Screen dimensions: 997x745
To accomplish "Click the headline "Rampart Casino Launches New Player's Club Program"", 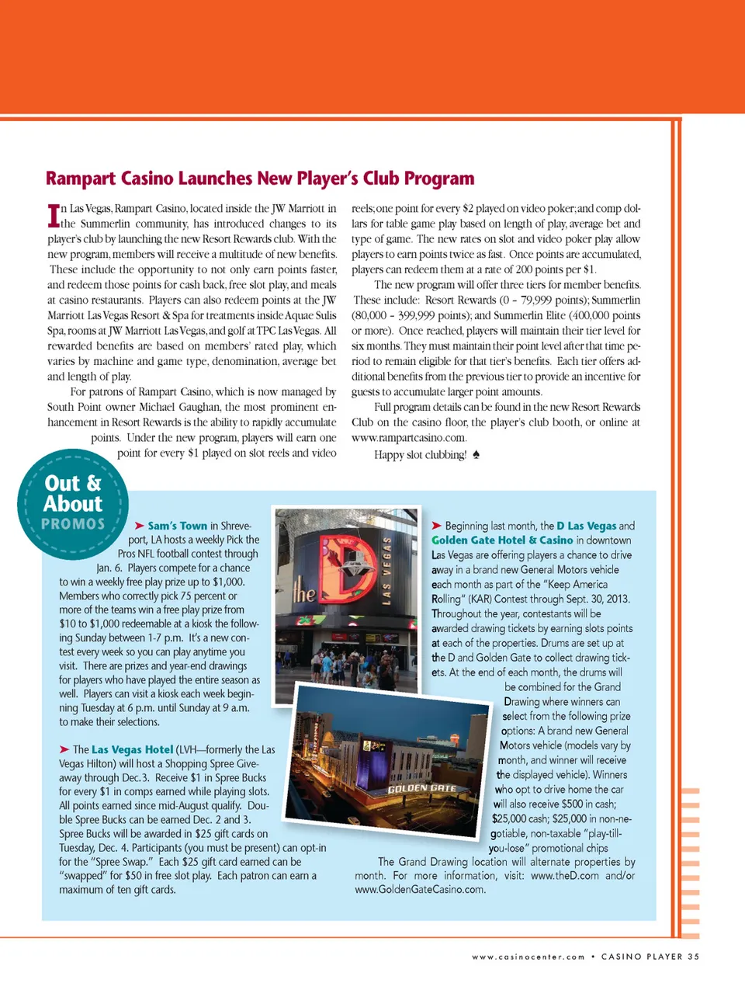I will tap(260, 179).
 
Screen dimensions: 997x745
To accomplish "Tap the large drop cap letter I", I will tap(54, 215).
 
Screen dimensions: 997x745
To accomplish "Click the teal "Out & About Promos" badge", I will tap(72, 503).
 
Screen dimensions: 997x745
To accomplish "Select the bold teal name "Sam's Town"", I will tap(178, 526).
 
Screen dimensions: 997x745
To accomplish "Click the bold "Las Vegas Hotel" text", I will tap(132, 749).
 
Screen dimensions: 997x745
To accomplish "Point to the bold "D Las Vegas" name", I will tap(586, 526).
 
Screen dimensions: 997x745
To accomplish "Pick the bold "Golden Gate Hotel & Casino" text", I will tap(502, 540).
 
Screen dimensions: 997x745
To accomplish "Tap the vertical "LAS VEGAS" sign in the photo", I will tap(386, 570).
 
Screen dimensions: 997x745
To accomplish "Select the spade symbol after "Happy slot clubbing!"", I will tap(476, 454).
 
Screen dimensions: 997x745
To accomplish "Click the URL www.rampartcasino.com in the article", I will tap(409, 438).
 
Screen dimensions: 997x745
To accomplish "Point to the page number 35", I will tap(693, 957).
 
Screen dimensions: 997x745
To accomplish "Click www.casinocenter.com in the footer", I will tap(528, 957).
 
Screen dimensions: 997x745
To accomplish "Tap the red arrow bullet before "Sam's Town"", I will tap(140, 526).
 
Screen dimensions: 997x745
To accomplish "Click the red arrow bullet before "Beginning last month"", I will tap(437, 526).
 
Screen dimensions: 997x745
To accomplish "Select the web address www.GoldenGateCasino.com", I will tap(420, 890).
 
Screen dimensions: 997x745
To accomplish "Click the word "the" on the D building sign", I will tap(304, 593).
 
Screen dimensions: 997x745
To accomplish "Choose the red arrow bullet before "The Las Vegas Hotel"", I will tap(64, 749).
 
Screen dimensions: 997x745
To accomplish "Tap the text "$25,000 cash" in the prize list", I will tap(520, 818).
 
